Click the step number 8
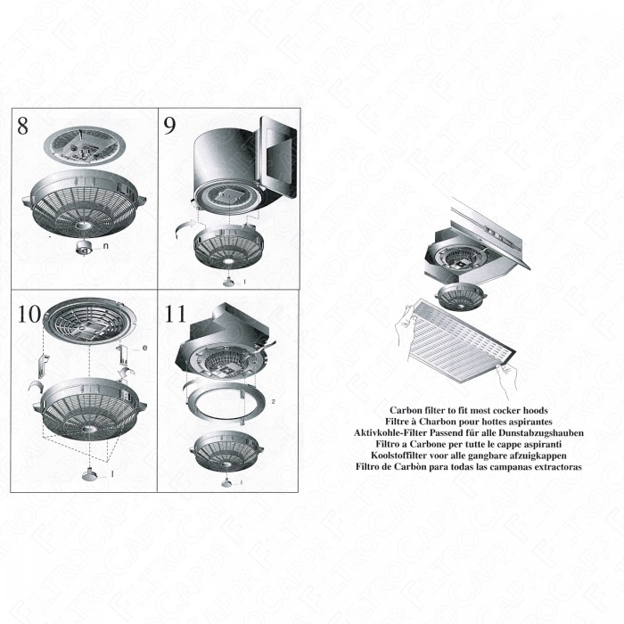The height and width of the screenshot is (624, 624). point(23,126)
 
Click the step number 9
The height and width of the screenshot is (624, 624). point(169,126)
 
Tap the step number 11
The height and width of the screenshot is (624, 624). point(176,314)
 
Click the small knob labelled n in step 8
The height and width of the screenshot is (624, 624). point(86,246)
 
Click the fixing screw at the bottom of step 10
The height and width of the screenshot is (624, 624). point(92,473)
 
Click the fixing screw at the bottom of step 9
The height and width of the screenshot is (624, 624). point(230,281)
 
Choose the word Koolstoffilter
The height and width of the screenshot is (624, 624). point(390,454)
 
